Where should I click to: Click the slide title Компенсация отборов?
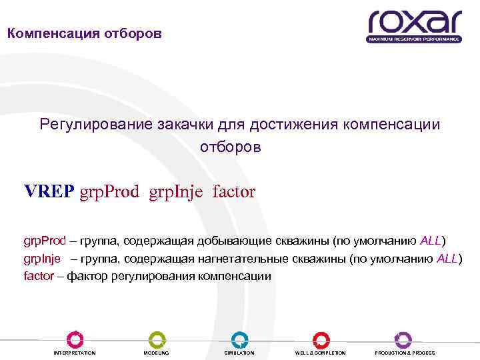(x=84, y=33)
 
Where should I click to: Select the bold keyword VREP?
(x=49, y=192)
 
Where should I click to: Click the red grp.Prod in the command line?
(x=109, y=193)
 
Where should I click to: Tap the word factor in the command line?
(x=234, y=192)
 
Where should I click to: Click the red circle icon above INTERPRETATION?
(x=75, y=339)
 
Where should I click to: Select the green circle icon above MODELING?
(x=157, y=339)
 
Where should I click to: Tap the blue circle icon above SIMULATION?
(x=239, y=339)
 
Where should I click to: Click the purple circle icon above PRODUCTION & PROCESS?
(x=403, y=339)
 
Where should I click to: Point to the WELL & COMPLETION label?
(x=321, y=353)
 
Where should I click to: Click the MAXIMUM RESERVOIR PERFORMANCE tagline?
(x=413, y=39)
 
